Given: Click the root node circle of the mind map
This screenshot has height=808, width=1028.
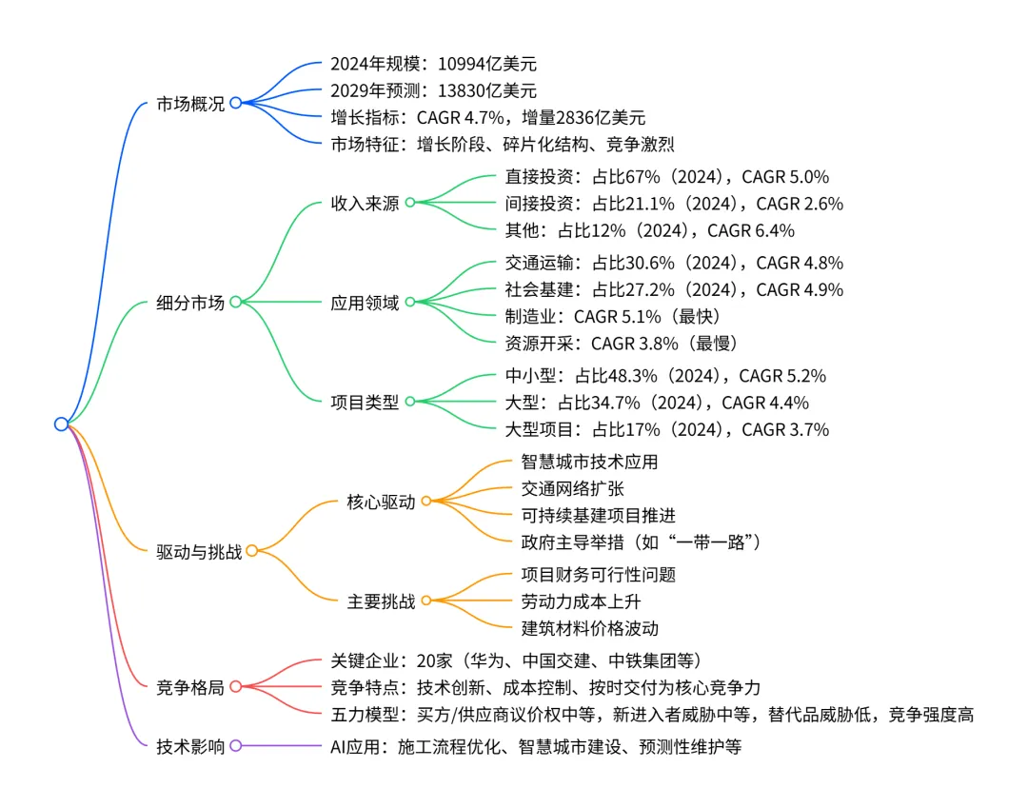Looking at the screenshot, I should tap(62, 424).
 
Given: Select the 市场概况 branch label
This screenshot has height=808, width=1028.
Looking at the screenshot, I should tap(190, 104).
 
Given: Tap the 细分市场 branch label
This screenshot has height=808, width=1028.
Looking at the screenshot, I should tap(190, 303).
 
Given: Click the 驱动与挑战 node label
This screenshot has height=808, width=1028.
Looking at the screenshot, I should tap(199, 551).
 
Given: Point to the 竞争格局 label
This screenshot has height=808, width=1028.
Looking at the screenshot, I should tap(190, 687).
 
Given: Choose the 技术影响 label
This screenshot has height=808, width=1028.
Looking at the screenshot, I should tap(190, 747).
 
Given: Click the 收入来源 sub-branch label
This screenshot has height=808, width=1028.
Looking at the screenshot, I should tap(365, 203).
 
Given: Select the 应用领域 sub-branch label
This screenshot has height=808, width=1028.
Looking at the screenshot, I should tap(365, 303).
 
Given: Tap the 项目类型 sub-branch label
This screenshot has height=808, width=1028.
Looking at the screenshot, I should tap(365, 402).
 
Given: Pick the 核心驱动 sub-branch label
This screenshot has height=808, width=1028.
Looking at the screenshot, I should tap(382, 502).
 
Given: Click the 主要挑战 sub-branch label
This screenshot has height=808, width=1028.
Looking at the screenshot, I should tap(382, 601).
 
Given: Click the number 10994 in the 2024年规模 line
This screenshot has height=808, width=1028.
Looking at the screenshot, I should tap(464, 65).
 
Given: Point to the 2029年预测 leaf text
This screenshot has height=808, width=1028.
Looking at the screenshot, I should tap(433, 91).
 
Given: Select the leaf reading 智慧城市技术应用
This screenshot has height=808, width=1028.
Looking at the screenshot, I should tap(589, 462).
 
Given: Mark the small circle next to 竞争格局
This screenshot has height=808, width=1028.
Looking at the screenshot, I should tap(235, 686).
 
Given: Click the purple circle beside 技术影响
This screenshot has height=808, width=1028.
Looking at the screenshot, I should tap(235, 746).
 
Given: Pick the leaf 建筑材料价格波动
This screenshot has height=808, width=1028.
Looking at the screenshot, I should tap(589, 627).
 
